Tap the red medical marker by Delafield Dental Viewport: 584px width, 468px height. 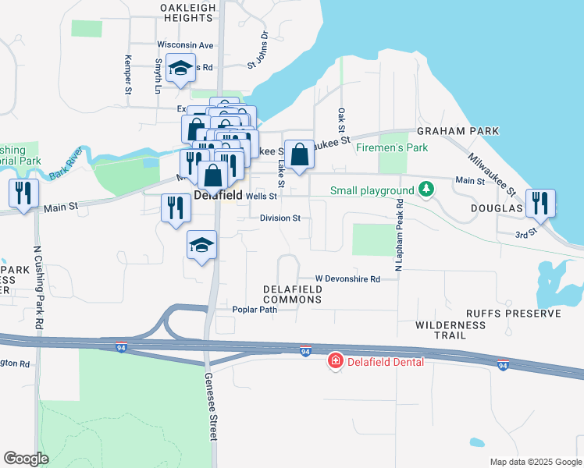(x=336, y=361)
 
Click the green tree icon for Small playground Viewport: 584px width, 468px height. (x=426, y=190)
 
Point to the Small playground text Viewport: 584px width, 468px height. (x=372, y=190)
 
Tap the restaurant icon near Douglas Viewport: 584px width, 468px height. (x=540, y=203)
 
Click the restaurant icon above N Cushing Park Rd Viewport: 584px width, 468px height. (x=23, y=193)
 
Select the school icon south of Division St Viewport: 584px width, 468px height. (x=201, y=246)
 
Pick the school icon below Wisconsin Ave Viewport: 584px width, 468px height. (x=181, y=69)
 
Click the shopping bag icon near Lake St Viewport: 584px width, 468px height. (x=299, y=154)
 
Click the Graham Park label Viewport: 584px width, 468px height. (x=458, y=131)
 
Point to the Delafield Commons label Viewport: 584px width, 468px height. (x=293, y=294)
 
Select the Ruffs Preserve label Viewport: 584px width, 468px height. (x=513, y=314)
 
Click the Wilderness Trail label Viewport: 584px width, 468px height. (x=440, y=329)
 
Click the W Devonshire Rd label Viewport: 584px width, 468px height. (x=347, y=278)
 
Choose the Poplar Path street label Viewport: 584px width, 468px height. (x=255, y=310)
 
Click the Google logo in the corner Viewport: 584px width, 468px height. (x=26, y=459)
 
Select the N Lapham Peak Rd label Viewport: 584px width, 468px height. (x=398, y=235)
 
